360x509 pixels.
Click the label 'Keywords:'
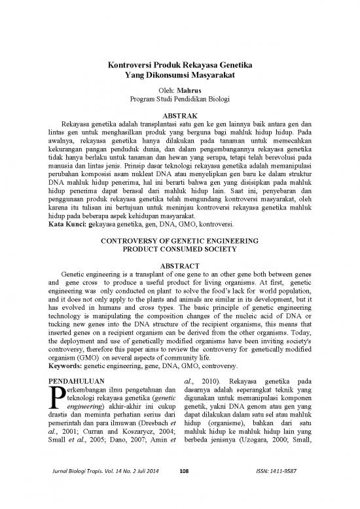(x=70, y=368)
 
